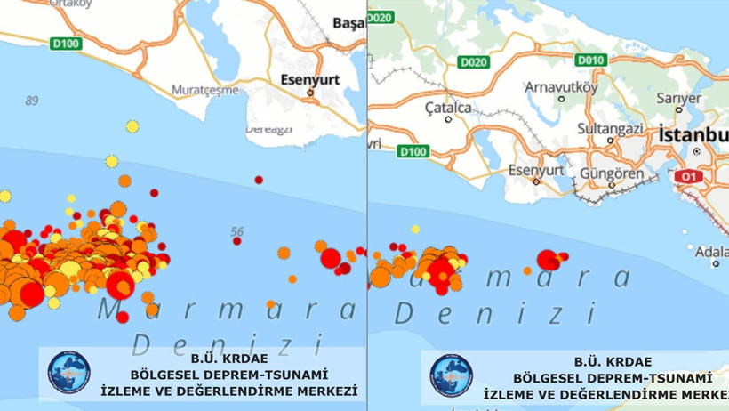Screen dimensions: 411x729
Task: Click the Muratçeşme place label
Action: click(x=205, y=90)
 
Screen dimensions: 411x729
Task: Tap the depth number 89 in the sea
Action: click(x=32, y=101)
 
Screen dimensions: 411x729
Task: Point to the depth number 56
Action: click(x=236, y=232)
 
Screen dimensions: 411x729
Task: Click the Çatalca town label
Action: click(x=448, y=108)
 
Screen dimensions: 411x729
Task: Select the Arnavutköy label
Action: click(x=558, y=86)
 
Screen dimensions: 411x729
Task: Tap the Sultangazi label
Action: click(x=610, y=128)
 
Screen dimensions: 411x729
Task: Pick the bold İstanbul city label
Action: click(x=693, y=134)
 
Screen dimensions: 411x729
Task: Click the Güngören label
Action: click(x=612, y=173)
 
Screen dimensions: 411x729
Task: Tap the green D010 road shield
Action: click(x=590, y=60)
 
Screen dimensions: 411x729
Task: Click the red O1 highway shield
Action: click(x=688, y=177)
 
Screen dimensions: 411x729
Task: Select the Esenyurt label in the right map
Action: click(x=536, y=170)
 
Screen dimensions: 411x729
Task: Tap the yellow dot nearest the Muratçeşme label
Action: click(x=132, y=127)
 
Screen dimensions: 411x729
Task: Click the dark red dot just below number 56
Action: click(x=237, y=241)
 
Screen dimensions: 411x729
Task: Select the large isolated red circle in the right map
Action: click(x=549, y=260)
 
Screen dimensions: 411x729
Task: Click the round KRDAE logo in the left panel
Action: click(x=68, y=373)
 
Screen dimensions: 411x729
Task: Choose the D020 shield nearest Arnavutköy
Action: click(x=474, y=62)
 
